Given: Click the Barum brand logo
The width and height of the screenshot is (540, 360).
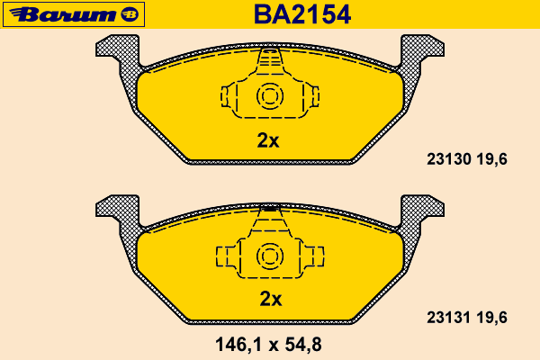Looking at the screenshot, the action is [x=74, y=14].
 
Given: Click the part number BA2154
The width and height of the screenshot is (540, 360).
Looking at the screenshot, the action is [x=302, y=14].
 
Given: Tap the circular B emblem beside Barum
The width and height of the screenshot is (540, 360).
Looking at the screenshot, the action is [x=130, y=14].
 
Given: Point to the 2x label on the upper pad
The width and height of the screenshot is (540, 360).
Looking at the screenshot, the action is [x=268, y=140].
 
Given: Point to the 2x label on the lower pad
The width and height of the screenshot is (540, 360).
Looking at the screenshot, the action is [x=271, y=299].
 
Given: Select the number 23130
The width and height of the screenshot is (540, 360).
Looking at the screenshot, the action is [x=449, y=159].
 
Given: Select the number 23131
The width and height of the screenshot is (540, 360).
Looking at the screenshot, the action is [x=449, y=318].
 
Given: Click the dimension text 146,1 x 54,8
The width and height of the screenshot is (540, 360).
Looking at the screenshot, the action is [x=268, y=344].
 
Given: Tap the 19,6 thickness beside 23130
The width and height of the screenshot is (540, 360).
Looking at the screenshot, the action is [x=492, y=159].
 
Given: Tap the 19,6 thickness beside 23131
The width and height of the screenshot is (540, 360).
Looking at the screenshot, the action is [x=492, y=318].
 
